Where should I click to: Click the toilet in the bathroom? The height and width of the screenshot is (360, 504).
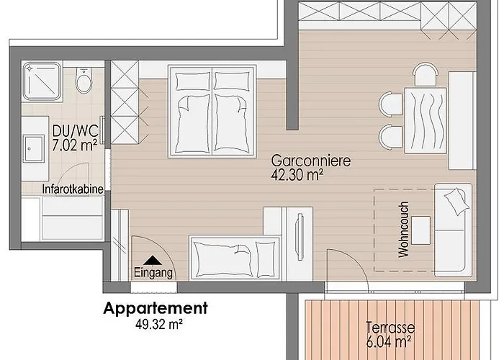84,80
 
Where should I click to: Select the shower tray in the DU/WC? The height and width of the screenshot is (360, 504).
42,81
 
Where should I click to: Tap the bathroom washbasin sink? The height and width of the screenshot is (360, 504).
33,148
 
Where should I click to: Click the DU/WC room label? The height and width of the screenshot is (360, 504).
75,131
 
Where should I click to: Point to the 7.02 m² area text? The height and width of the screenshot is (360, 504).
75,145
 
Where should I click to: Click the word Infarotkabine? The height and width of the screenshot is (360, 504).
73,189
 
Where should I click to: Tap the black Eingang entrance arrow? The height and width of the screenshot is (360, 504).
153,260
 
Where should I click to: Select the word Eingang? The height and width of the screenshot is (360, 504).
153,273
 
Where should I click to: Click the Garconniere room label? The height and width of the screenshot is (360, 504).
311,161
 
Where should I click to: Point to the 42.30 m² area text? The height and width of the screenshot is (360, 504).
297,175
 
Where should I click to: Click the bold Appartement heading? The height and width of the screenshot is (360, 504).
156,309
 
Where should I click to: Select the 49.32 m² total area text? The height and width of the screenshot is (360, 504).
159,324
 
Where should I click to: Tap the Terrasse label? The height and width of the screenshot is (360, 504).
390,328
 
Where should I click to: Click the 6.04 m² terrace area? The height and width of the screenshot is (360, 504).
389,341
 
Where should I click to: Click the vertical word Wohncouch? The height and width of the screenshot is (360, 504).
403,230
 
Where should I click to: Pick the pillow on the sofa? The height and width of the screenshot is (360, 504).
456,201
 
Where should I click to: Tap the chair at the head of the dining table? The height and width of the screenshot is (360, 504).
426,75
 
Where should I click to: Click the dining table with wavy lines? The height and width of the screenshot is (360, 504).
426,120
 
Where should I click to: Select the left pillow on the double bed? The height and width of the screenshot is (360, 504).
193,81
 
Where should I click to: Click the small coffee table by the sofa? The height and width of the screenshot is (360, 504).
420,230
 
